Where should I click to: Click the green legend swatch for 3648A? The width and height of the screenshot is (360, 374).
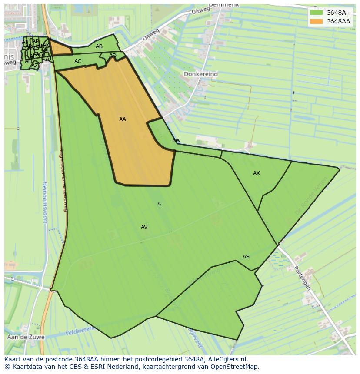point(316,13)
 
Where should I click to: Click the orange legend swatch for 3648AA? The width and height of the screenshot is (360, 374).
point(316,21)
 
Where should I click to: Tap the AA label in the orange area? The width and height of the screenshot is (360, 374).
point(123,119)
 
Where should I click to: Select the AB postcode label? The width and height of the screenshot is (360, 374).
point(99,46)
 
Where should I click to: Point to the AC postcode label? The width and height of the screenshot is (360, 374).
point(78,61)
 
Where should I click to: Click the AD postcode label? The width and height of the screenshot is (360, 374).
point(113,56)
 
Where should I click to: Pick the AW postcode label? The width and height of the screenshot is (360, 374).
point(176,141)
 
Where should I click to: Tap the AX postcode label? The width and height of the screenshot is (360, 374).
point(257,173)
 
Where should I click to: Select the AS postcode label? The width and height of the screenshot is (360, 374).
point(246,257)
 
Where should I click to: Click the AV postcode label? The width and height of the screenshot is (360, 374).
point(144,227)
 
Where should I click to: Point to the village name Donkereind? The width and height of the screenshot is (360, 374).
point(200,74)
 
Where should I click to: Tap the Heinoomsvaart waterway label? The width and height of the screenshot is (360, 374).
point(45,202)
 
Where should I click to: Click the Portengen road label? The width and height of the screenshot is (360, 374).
point(302,278)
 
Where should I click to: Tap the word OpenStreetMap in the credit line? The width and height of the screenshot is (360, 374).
point(237,367)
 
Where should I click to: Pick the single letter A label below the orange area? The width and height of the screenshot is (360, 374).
point(159,204)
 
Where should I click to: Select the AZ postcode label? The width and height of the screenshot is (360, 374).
point(35,66)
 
